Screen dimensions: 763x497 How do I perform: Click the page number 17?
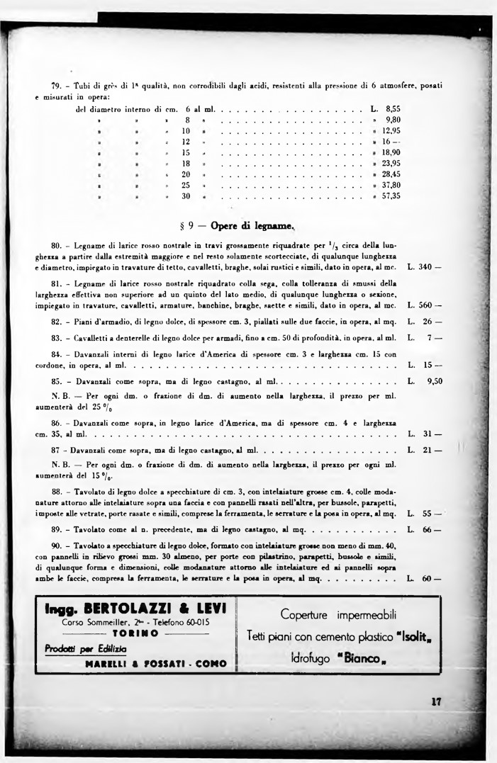pos(436,702)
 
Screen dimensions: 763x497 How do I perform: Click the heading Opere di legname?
pos(240,226)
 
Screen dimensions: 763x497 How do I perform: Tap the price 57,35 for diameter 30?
pos(391,196)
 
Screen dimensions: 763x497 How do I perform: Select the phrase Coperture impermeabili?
pos(337,614)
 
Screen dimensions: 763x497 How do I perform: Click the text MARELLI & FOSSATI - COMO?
pos(155,664)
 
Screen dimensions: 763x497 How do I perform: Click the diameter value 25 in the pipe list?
pos(186,185)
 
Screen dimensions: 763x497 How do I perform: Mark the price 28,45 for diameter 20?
pos(391,174)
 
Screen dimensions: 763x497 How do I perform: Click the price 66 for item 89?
pos(427,529)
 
